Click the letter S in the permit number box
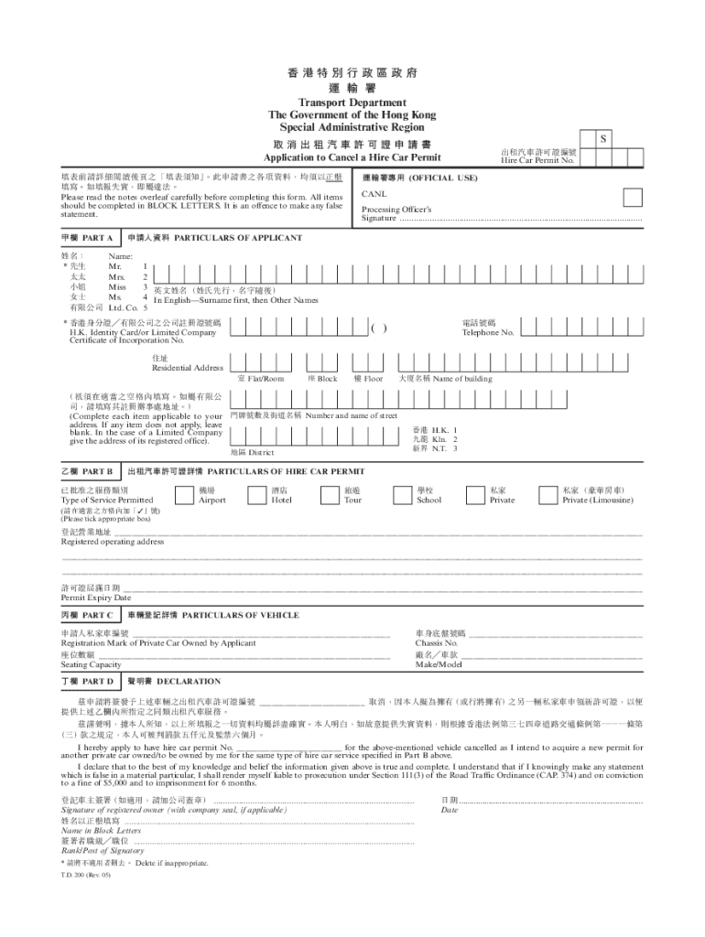point(602,138)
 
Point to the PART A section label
point(87,238)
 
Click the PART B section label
point(87,471)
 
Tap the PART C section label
point(87,616)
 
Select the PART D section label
point(87,682)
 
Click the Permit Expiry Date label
point(96,598)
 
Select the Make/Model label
point(439,664)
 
